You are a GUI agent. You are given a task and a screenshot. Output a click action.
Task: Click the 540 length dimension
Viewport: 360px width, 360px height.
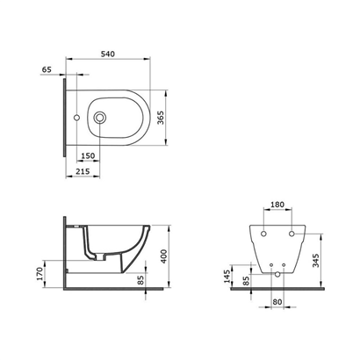108,54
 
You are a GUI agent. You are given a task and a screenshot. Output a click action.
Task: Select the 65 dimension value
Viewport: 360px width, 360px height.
47,69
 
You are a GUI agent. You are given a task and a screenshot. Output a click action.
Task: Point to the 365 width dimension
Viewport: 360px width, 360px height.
162,118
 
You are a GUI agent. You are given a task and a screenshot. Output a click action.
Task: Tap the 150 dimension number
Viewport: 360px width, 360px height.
88,155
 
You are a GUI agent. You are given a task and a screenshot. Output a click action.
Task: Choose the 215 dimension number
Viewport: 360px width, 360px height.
83,171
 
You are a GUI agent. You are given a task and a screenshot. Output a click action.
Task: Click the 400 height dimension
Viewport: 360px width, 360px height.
164,256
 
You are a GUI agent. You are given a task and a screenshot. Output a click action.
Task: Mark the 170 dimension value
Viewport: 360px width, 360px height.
40,274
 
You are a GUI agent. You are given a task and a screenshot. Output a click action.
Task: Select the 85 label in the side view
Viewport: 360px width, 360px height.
141,280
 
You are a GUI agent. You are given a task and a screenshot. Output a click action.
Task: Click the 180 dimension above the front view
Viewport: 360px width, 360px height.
277,205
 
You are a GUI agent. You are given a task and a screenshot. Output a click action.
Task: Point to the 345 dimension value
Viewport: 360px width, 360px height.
316,261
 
